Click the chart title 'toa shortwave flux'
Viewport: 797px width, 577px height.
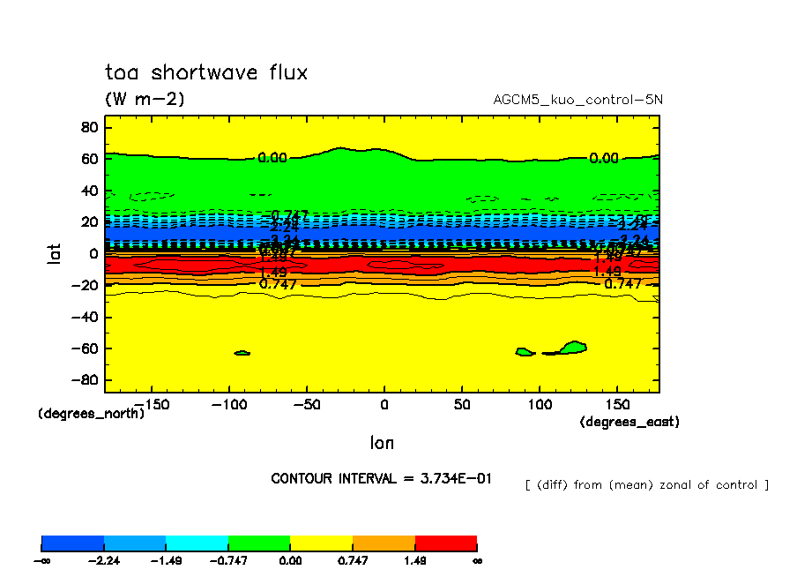(206, 72)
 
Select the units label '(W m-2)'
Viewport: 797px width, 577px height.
(145, 100)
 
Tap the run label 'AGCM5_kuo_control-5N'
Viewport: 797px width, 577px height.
(577, 100)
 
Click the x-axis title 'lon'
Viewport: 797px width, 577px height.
(382, 443)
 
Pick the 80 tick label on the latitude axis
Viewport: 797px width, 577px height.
(87, 127)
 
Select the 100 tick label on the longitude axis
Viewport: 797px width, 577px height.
(539, 403)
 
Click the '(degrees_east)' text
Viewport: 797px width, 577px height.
(629, 423)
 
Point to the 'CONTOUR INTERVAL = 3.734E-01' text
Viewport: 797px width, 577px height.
(382, 478)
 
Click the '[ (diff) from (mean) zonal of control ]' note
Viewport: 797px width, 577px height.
(646, 485)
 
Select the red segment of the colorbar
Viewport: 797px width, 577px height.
(445, 543)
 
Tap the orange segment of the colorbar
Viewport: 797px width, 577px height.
(384, 543)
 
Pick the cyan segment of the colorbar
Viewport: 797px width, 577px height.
(197, 543)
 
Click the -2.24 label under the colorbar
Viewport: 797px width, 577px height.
(104, 560)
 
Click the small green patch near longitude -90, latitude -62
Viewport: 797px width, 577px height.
(242, 353)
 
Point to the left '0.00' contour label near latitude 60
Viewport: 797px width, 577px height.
(272, 158)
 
